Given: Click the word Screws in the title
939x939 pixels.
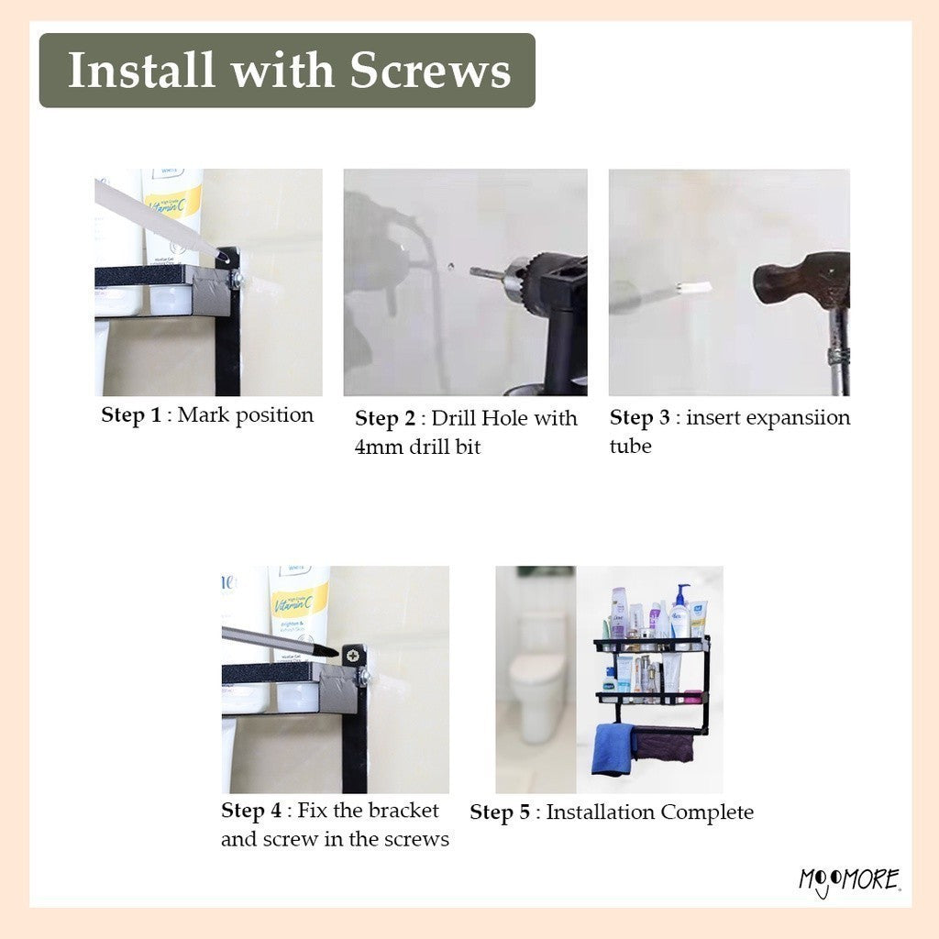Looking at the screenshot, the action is coord(430,71).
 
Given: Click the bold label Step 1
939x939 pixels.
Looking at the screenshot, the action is coord(131,415).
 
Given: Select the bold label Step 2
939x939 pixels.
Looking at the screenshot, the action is coord(384,418).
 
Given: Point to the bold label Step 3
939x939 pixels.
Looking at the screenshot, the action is coord(639,418).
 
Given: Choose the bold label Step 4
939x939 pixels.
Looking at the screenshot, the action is coord(251,811).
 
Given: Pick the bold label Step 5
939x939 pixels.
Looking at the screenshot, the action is coord(500,812).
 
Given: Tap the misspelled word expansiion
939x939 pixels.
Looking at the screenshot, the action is coord(768,418).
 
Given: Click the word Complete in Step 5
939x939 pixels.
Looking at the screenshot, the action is coord(707,812).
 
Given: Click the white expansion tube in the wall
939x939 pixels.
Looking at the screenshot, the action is coord(693,287).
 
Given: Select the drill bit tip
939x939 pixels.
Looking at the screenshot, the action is coord(472,272).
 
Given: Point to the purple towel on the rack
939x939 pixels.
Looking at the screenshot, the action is coord(664,746).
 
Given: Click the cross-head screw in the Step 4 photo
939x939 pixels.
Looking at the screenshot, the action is coord(353,656).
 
